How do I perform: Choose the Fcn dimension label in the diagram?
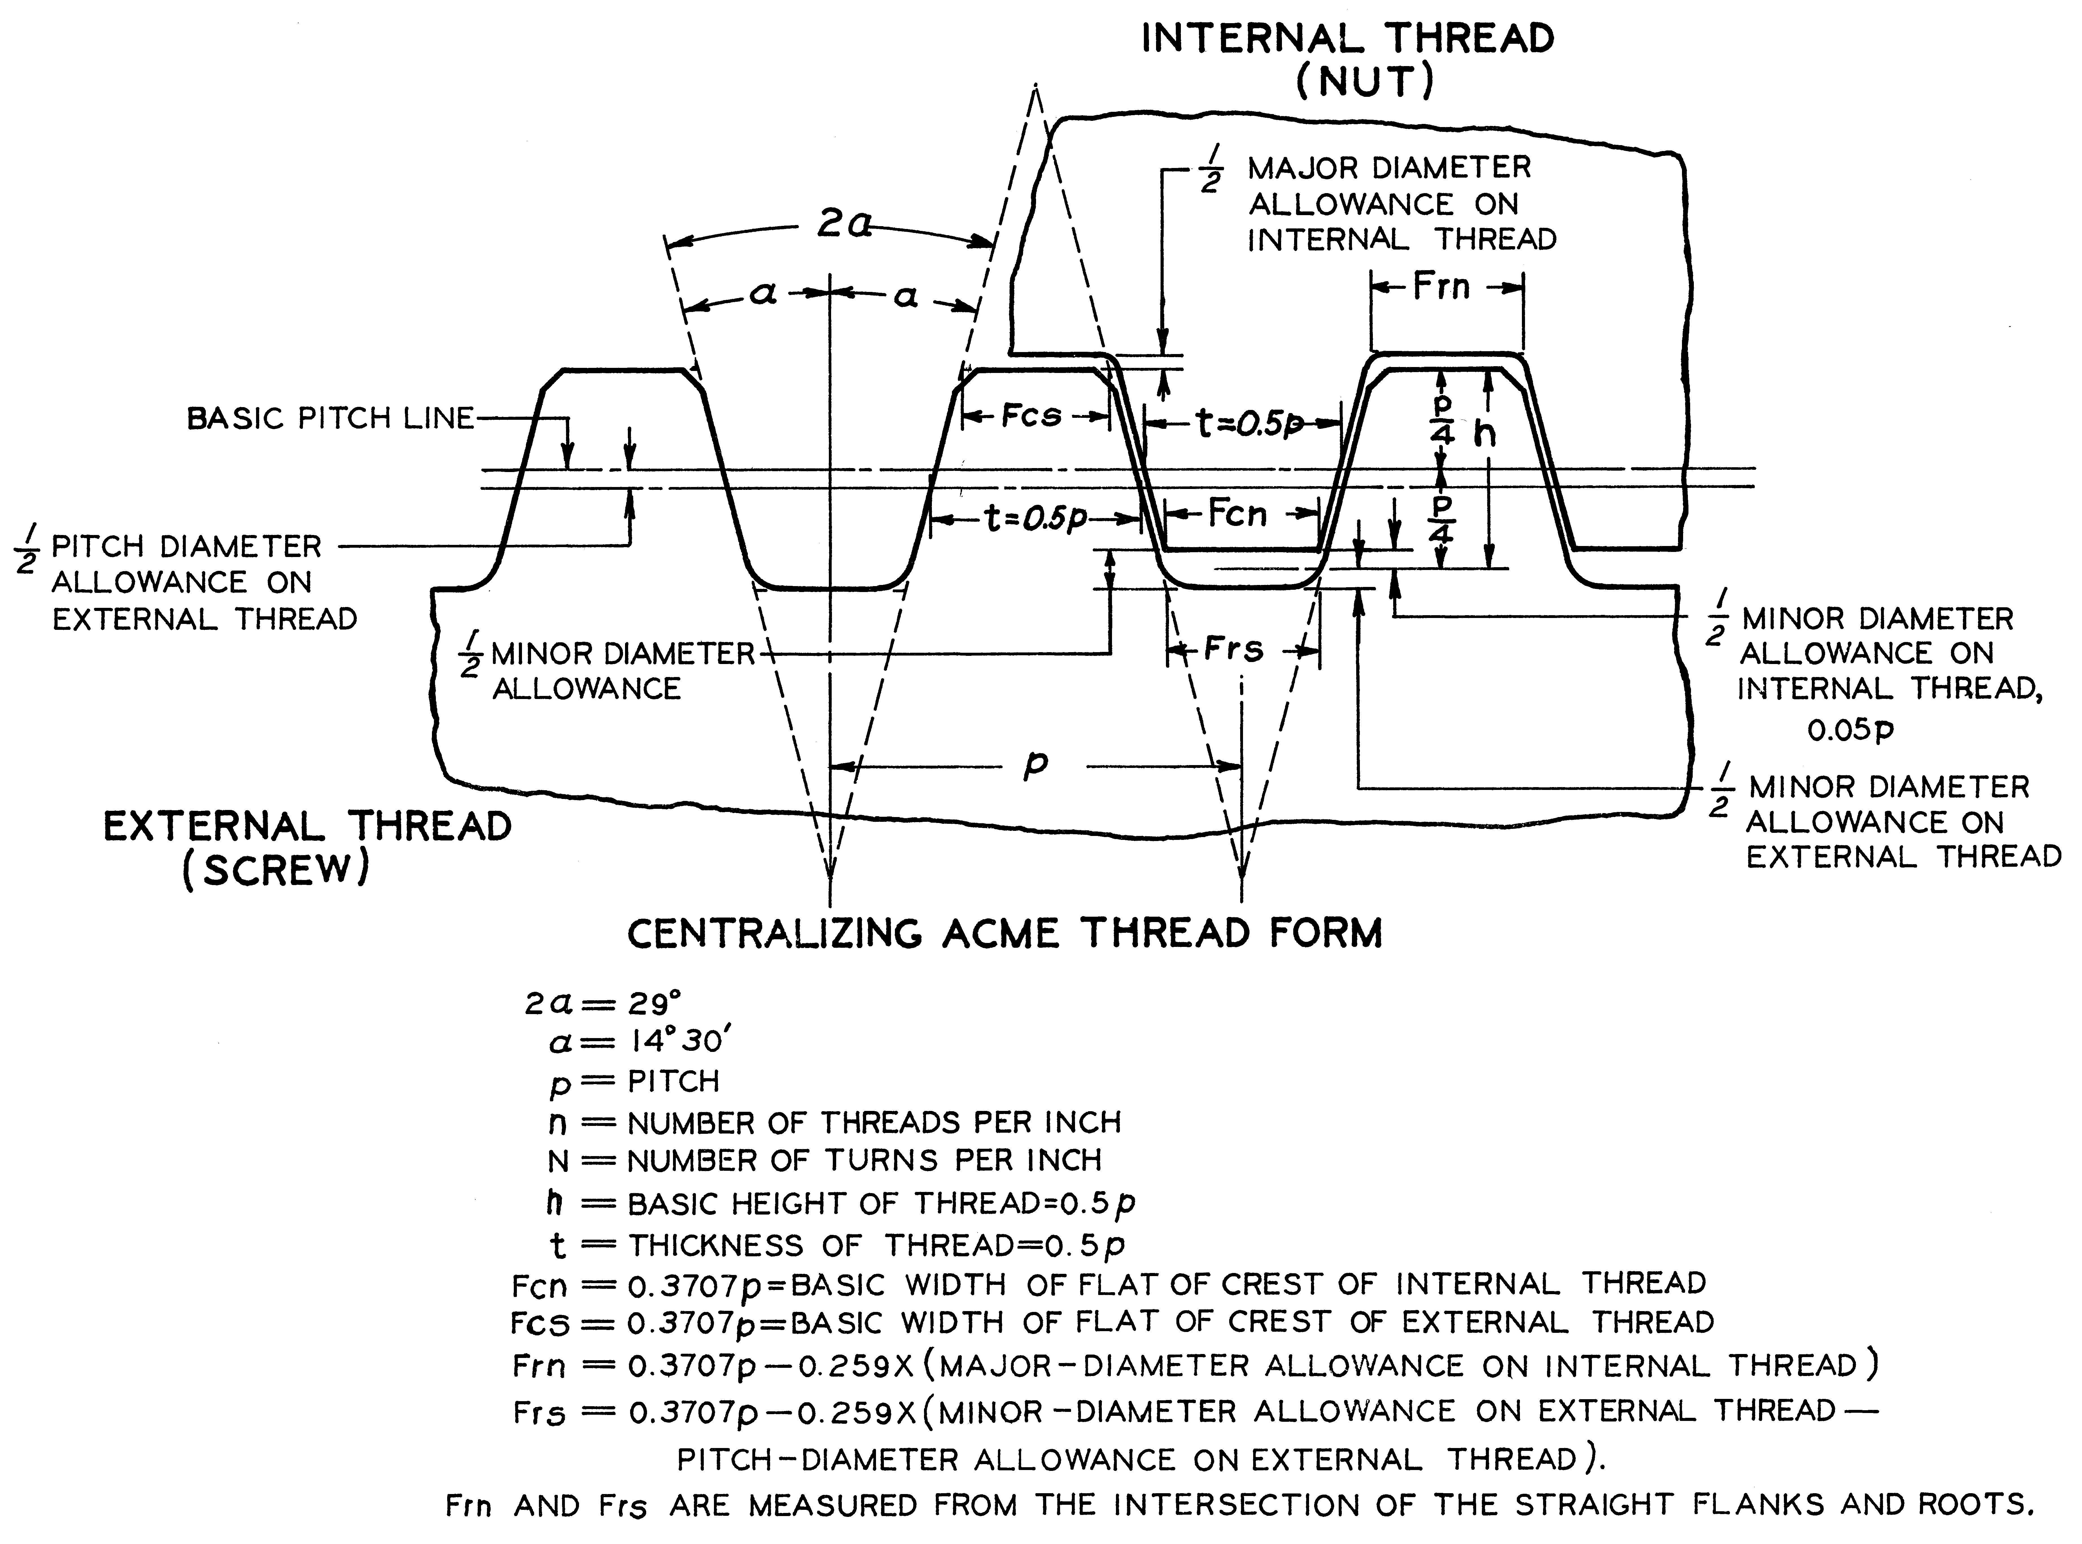coord(1236,513)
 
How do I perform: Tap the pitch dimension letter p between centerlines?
coord(1034,765)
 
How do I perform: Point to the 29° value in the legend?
coord(654,1004)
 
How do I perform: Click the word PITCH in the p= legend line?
coord(673,1081)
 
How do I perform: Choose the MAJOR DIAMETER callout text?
coord(1390,168)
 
